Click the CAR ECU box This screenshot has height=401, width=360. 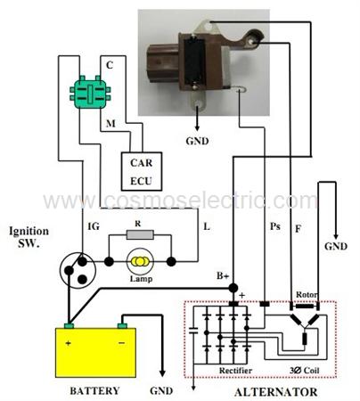[142, 171]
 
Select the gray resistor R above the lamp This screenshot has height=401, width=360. [140, 234]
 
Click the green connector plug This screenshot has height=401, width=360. [90, 92]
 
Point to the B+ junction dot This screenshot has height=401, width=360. [233, 288]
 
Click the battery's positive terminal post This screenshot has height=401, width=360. [69, 325]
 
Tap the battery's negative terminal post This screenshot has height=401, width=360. [122, 325]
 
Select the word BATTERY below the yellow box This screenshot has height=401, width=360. [94, 390]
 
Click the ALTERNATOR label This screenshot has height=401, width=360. [276, 392]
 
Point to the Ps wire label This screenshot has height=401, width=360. [275, 226]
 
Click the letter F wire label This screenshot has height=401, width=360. [299, 228]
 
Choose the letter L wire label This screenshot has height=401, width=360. [207, 226]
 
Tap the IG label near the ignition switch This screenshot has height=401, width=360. [94, 226]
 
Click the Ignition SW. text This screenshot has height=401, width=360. [29, 237]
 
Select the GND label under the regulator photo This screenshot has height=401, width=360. [197, 141]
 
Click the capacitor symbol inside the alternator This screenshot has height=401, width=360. [193, 331]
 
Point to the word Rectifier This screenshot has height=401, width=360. [235, 371]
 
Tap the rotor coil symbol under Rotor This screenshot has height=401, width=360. [305, 306]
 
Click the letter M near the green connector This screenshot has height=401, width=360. [110, 123]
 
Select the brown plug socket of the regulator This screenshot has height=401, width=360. [164, 64]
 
